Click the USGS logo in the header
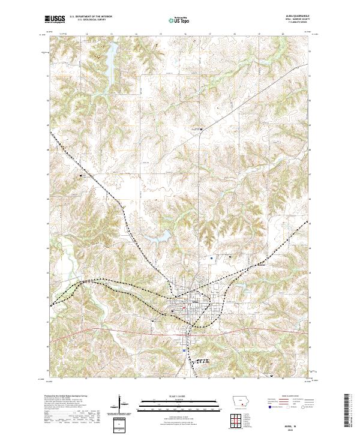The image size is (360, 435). [55, 20]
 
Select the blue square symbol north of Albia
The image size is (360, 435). [211, 259]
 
